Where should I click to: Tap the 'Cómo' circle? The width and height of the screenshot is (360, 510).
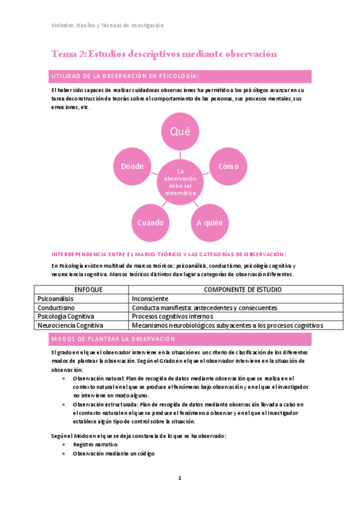point(228,167)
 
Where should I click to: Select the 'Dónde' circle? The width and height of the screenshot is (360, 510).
point(132,167)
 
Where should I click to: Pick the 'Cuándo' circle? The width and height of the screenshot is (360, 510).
point(150,222)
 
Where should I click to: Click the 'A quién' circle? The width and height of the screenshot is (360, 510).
point(209,222)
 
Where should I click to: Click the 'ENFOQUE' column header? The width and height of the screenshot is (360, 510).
point(82,289)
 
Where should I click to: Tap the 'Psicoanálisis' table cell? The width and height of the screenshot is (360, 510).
point(55,298)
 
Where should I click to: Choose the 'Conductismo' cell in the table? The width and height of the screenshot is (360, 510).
point(54,307)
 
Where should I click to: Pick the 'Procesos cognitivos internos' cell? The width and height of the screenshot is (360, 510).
point(172,316)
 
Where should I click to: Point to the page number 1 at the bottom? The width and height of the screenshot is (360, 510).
point(179,478)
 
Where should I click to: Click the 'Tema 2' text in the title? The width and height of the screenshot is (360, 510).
point(69,54)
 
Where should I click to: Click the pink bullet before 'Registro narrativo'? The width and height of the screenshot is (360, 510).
point(64,443)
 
